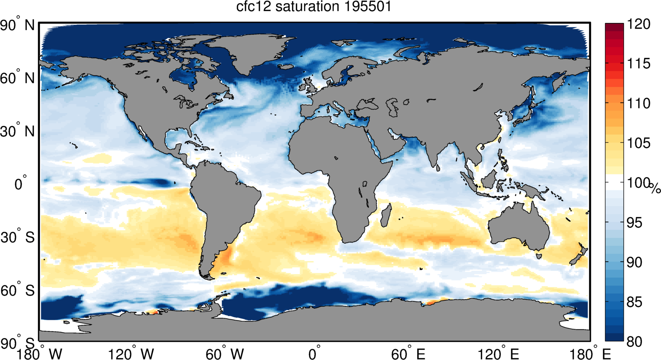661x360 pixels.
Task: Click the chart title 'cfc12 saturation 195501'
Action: point(314,7)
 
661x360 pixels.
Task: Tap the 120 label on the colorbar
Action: point(639,24)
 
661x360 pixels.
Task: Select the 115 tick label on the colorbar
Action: point(639,64)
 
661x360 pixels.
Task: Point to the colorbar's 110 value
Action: point(639,103)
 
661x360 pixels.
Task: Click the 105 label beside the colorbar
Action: point(639,143)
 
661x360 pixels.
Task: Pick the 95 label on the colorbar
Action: point(634,222)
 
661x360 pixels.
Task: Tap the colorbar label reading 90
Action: point(634,262)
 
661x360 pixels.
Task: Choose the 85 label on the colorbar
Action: point(634,302)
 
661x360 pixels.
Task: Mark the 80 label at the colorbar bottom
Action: point(634,342)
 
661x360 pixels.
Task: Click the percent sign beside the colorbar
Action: point(656,188)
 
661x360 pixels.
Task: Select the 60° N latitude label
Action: point(17,78)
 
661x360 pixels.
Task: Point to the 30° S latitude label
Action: point(17,237)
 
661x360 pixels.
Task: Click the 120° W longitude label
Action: point(131,354)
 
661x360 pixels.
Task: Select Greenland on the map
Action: point(249,51)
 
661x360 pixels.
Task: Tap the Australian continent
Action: point(519,227)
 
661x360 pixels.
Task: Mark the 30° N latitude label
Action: point(17,131)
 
